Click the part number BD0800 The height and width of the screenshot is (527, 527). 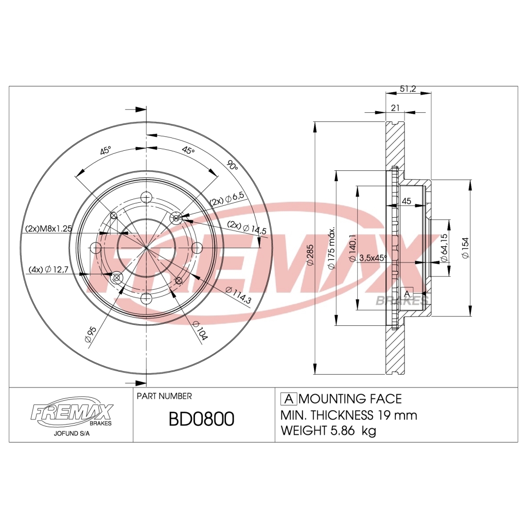tap(201, 419)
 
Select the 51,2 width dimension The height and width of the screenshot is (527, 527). tap(408, 89)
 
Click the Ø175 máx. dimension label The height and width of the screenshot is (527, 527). tap(332, 248)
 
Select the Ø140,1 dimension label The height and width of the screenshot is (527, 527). tap(353, 248)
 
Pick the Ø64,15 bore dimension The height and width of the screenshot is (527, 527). tap(444, 248)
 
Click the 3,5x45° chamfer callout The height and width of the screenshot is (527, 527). tap(373, 257)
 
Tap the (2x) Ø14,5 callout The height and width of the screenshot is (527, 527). tap(247, 228)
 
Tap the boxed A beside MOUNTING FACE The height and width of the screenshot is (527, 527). tap(289, 399)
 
